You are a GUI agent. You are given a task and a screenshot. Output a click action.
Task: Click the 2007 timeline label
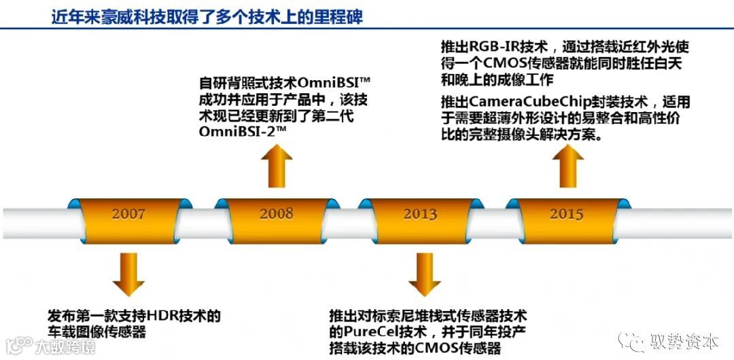[129, 214]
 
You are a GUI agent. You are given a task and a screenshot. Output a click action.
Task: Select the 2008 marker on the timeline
[276, 213]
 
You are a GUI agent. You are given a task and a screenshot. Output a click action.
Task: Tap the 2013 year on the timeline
[420, 214]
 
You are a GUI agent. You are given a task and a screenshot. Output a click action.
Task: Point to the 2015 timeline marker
[566, 213]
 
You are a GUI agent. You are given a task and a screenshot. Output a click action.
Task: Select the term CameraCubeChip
[524, 102]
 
